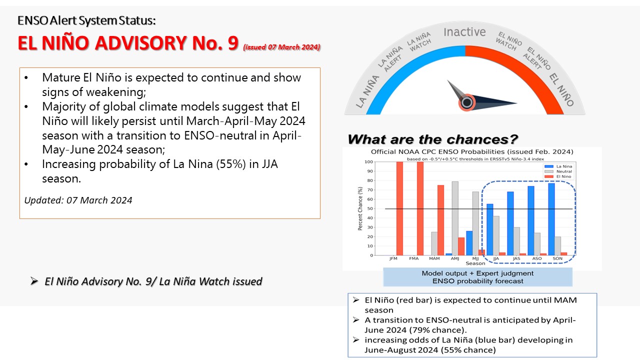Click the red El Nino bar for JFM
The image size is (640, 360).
[399, 208]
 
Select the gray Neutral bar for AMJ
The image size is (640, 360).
[455, 218]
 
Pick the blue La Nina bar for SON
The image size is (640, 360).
[551, 219]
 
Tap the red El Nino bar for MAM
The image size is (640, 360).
[440, 220]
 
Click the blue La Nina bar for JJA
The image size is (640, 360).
[489, 229]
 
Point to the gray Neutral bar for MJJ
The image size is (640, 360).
[475, 223]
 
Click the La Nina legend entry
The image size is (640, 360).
[558, 166]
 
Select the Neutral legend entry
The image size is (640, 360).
[558, 171]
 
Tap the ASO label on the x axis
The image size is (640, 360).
[537, 258]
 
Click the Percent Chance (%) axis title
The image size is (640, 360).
[360, 208]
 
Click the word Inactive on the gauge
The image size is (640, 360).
[464, 32]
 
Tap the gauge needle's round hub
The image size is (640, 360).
[467, 102]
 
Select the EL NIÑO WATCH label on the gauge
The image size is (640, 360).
[508, 41]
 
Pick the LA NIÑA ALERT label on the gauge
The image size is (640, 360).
[390, 59]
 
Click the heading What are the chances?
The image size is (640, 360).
[432, 139]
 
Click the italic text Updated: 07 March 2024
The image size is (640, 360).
[78, 200]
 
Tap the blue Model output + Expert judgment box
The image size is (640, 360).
[477, 277]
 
